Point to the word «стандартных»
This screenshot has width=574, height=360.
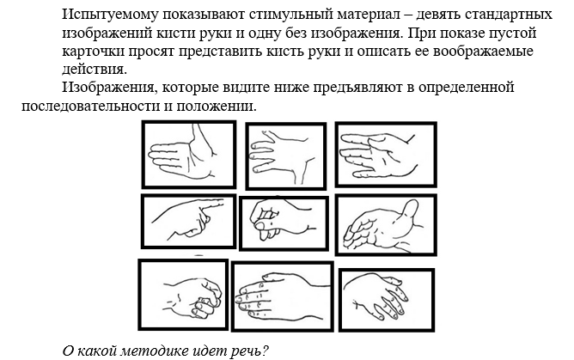(510, 15)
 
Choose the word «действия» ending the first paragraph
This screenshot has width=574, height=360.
(95, 70)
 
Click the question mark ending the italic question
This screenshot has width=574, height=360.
(266, 351)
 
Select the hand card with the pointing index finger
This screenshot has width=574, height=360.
(188, 222)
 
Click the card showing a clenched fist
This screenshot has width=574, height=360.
(183, 295)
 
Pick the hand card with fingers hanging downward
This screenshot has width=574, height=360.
(387, 300)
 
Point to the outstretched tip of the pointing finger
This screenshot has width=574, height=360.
(223, 201)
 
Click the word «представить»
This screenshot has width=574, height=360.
(227, 52)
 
